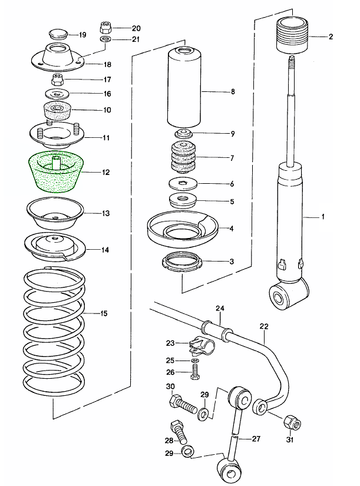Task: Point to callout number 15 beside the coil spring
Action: pyautogui.click(x=104, y=313)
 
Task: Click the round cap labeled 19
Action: pyautogui.click(x=57, y=33)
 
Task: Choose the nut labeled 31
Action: pyautogui.click(x=290, y=422)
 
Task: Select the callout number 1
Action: pyautogui.click(x=322, y=217)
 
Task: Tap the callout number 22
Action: pyautogui.click(x=263, y=326)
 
